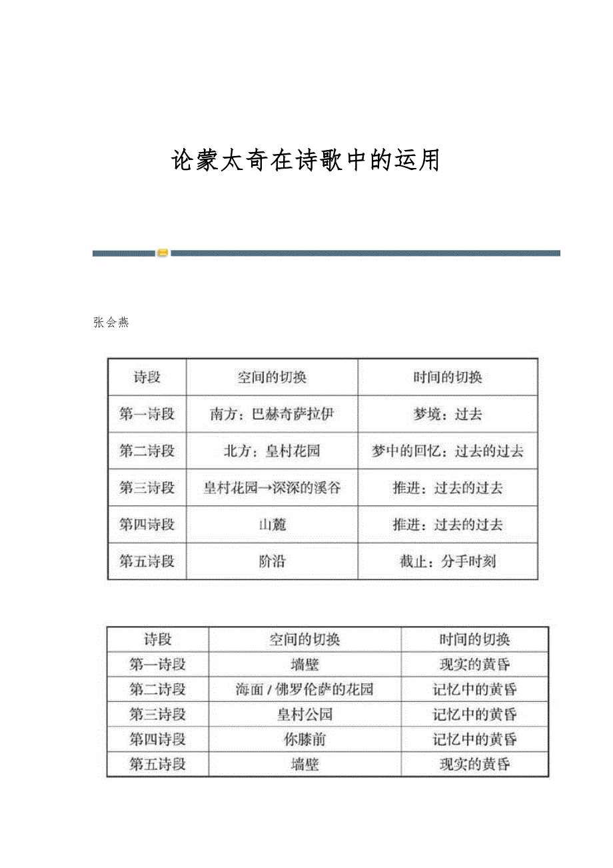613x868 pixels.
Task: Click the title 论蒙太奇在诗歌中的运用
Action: coord(306,161)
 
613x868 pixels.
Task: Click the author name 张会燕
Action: coord(111,323)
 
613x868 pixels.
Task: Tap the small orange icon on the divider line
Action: coord(163,253)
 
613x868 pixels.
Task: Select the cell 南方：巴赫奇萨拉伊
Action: coord(272,414)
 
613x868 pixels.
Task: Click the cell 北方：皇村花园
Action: coord(272,451)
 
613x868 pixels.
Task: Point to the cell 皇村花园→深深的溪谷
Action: coord(272,488)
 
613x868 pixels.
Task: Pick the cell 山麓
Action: coord(272,525)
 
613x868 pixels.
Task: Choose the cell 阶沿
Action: coord(272,561)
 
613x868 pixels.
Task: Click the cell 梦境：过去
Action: coord(448,414)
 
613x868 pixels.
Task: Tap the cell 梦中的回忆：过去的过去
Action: coord(448,451)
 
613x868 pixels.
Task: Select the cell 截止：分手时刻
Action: coord(448,561)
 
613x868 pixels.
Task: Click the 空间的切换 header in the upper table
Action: coord(272,377)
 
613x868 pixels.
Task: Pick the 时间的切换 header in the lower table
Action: coord(474,639)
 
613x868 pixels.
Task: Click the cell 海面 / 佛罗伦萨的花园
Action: coord(305,689)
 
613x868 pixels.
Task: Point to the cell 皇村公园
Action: coord(305,715)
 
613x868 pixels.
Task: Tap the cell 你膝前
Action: coord(305,739)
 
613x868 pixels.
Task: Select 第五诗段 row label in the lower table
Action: coord(158,764)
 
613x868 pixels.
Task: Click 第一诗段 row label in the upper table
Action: coord(147,414)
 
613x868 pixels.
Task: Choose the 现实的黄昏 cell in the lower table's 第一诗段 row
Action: coord(474,665)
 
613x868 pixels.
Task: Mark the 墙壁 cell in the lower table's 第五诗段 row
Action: coord(305,764)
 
